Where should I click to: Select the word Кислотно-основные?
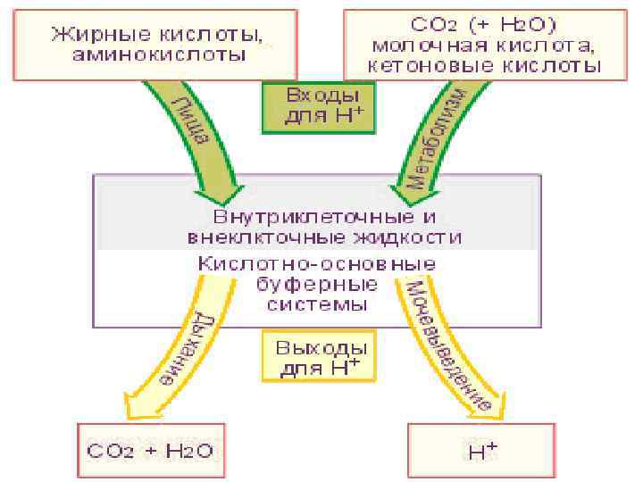[317, 264]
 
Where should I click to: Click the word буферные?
[317, 284]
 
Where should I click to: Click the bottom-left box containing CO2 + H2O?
[149, 452]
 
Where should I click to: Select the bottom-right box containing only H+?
[482, 452]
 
